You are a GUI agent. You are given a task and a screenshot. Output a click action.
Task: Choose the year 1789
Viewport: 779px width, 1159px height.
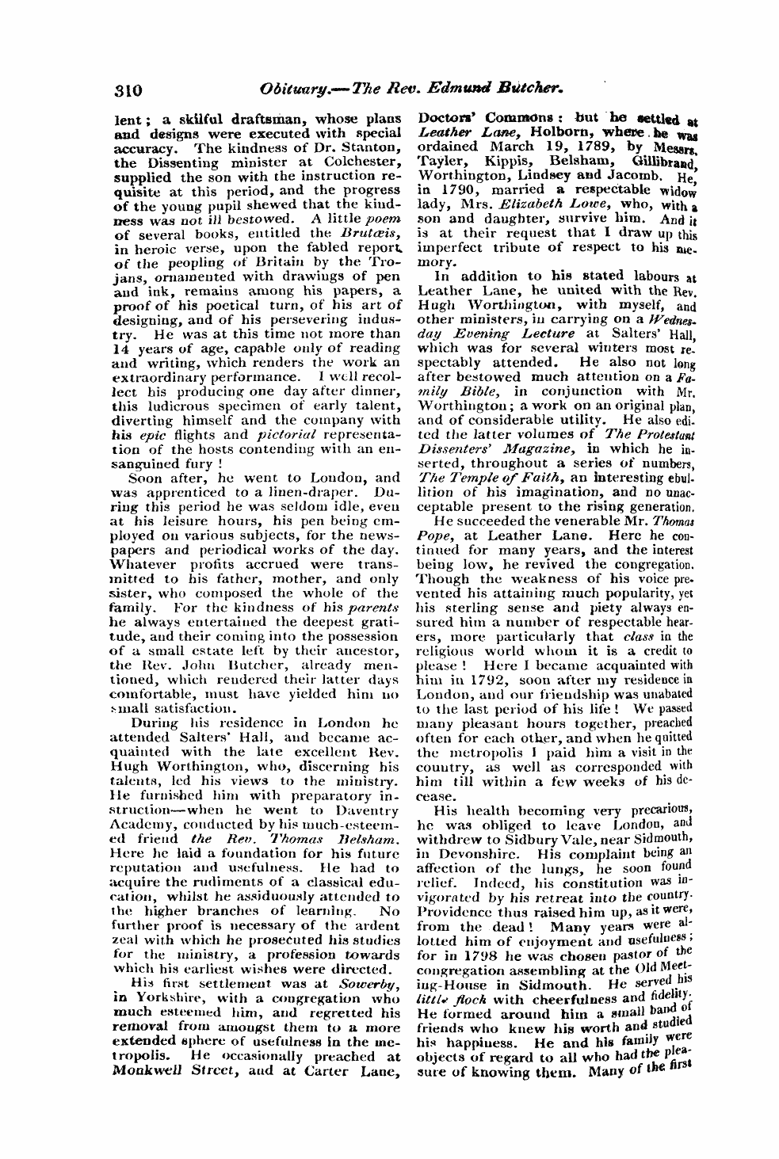(583, 152)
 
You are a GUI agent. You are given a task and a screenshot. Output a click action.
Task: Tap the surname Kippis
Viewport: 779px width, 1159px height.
(499, 166)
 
